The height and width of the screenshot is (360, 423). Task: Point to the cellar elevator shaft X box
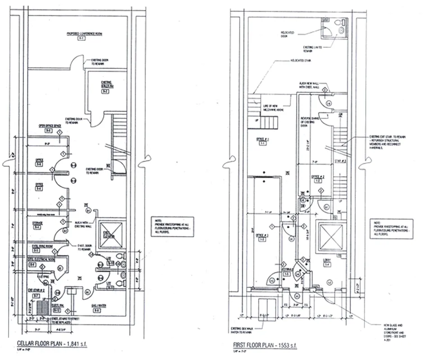(110, 234)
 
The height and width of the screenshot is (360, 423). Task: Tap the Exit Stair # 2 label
(35, 290)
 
